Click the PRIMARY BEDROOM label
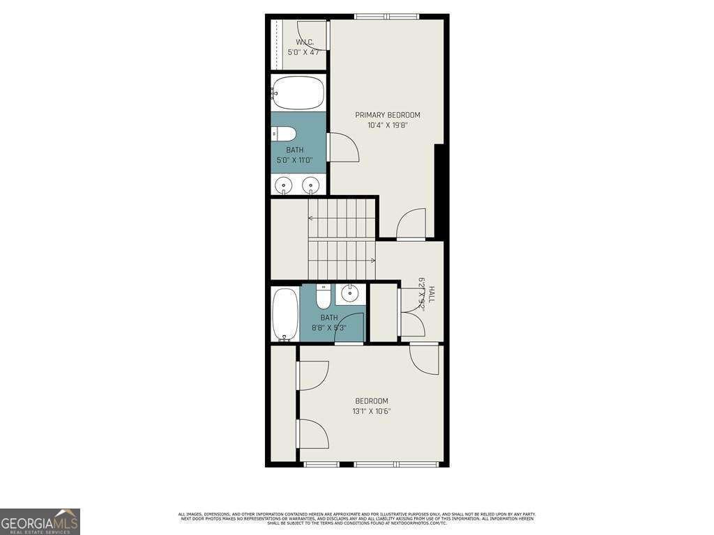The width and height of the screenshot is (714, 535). click(388, 115)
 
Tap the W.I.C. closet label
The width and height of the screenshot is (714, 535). click(300, 42)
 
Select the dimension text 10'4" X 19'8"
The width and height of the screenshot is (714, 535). click(388, 126)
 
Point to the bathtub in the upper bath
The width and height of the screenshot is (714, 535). click(298, 91)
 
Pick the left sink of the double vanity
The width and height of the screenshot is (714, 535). click(284, 185)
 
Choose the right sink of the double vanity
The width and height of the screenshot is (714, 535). click(312, 185)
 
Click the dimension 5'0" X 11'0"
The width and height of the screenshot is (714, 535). click(294, 160)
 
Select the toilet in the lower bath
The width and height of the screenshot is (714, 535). click(324, 297)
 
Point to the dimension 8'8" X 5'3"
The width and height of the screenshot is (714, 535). click(328, 327)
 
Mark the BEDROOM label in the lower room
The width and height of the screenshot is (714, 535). click(372, 401)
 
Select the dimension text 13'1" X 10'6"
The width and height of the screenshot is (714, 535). click(372, 411)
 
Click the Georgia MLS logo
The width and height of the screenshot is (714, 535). click(40, 521)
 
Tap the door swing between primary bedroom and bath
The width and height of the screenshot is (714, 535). click(343, 147)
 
